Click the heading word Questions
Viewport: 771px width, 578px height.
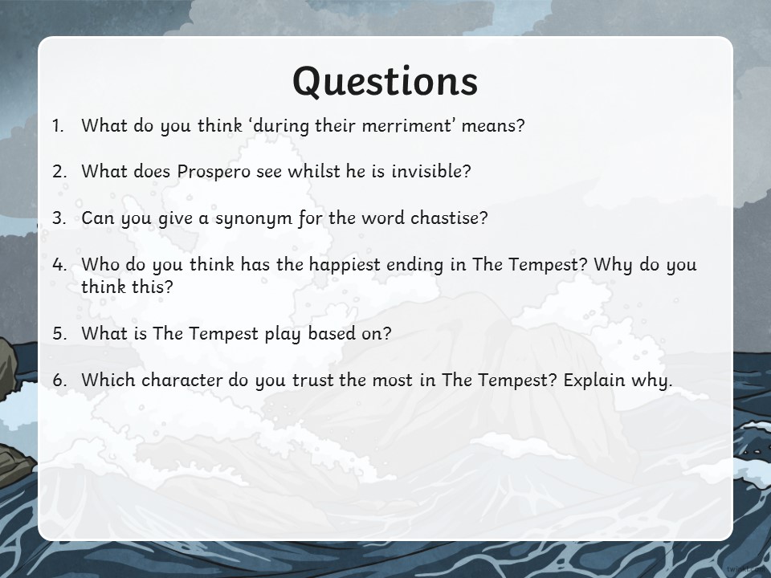385,82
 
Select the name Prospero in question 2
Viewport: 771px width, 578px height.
214,172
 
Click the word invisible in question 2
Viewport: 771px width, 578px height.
430,171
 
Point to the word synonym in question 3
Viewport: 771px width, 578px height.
254,218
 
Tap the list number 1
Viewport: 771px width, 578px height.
58,126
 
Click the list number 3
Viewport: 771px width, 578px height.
59,218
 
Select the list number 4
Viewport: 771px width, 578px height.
59,264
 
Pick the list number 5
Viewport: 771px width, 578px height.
59,334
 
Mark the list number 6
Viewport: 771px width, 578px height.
59,380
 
